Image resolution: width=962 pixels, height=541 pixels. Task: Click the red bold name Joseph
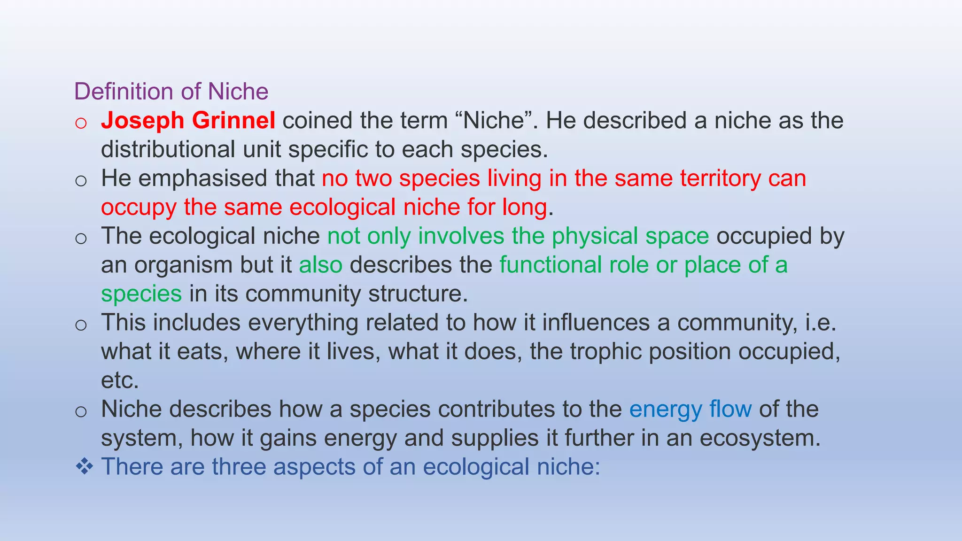[x=142, y=121]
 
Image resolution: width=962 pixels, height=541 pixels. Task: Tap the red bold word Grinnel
[x=233, y=121]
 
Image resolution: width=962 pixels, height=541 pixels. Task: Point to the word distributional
[x=168, y=149]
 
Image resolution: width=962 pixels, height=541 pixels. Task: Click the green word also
[x=321, y=265]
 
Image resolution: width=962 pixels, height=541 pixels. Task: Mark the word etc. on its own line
[x=120, y=380]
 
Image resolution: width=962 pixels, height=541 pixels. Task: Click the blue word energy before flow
[x=666, y=410]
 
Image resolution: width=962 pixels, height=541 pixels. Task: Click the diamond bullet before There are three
[x=84, y=467]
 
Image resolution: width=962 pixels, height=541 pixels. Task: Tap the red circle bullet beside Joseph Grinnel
[x=81, y=123]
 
